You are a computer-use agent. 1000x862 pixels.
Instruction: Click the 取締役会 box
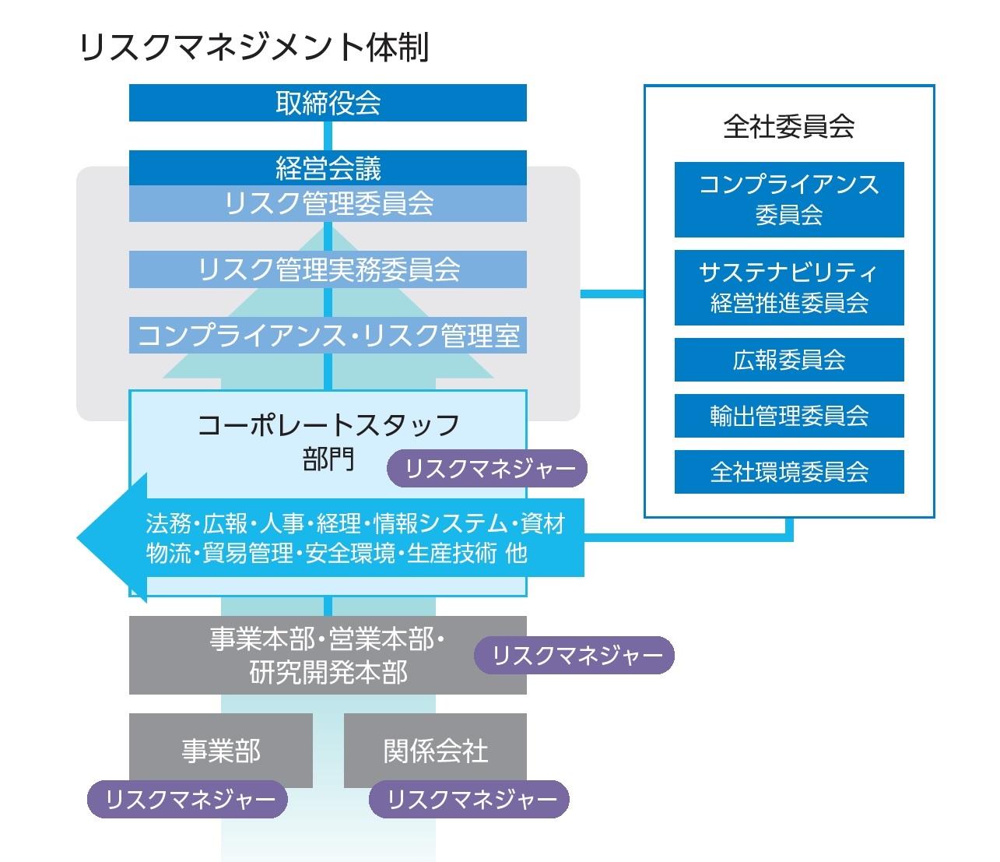click(x=328, y=103)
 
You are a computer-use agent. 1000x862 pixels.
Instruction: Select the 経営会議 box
click(x=328, y=168)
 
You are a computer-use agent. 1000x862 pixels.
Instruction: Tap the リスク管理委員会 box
click(x=328, y=203)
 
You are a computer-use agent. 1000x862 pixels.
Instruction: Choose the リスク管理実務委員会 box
click(x=328, y=269)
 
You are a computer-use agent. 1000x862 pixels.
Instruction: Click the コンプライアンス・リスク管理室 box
click(x=328, y=336)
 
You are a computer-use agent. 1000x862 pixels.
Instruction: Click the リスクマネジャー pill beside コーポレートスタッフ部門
click(x=486, y=468)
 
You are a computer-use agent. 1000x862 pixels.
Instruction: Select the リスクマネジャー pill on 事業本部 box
click(x=574, y=655)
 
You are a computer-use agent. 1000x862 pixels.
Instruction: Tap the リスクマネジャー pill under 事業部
click(x=188, y=799)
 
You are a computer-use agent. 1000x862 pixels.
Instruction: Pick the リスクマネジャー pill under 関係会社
click(x=468, y=799)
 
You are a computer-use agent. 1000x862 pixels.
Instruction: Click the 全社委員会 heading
click(x=788, y=127)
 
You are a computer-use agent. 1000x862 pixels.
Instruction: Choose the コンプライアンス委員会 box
click(x=789, y=199)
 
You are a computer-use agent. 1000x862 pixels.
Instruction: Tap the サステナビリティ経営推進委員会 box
click(x=789, y=287)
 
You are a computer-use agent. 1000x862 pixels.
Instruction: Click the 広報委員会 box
click(x=789, y=360)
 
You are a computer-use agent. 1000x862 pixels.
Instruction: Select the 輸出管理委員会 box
click(x=789, y=416)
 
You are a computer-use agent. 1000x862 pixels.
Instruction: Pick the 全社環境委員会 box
click(x=789, y=472)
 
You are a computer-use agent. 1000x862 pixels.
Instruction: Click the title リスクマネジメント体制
click(x=254, y=47)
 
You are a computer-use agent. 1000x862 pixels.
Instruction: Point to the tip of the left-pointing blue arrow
click(x=77, y=538)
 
